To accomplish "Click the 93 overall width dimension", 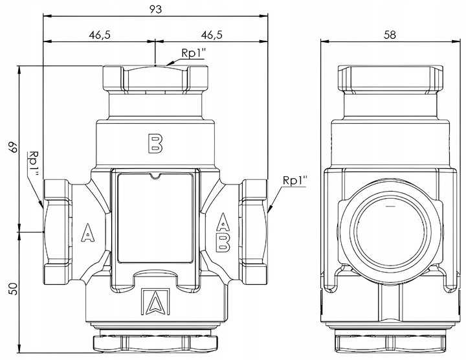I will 155,10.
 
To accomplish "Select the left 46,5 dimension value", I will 99,35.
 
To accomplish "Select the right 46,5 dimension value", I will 212,35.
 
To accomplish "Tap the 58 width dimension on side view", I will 390,35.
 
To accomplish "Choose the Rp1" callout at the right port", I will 294,180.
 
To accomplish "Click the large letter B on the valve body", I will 155,144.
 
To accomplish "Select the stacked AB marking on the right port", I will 222,231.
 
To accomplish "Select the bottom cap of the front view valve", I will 155,342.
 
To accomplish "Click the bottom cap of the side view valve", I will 390,342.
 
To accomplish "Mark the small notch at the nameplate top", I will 155,175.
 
